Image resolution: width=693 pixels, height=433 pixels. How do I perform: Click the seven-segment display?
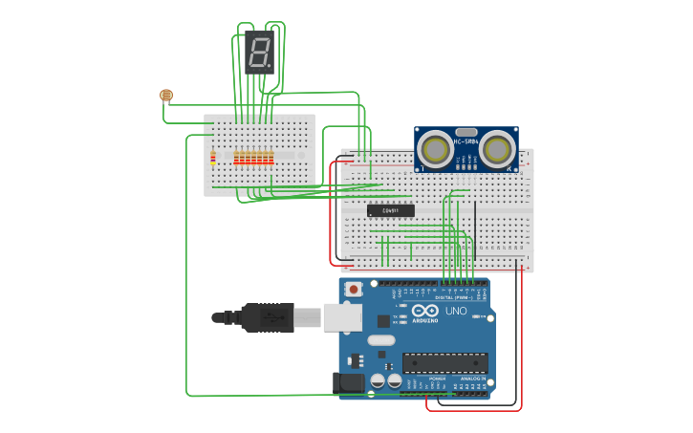[x=259, y=52]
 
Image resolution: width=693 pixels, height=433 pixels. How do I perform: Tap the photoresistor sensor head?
[x=166, y=95]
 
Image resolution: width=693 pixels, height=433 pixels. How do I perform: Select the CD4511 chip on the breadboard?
[x=391, y=210]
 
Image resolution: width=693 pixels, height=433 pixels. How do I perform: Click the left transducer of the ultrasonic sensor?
[x=435, y=149]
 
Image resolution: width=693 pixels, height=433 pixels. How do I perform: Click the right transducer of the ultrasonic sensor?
[x=498, y=149]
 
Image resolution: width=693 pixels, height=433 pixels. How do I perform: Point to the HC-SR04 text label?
[x=466, y=142]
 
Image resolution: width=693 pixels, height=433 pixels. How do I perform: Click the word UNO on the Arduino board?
[x=456, y=311]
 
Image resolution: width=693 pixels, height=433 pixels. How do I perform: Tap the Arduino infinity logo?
[x=425, y=311]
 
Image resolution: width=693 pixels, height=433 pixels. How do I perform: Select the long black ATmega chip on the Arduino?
[x=444, y=363]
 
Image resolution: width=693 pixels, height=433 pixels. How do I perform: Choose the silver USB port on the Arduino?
[x=342, y=317]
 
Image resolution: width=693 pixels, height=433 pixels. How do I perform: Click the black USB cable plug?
[x=268, y=317]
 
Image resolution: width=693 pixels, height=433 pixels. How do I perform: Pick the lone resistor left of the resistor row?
[x=213, y=158]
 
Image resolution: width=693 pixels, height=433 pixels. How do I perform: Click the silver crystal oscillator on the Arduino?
[x=380, y=340]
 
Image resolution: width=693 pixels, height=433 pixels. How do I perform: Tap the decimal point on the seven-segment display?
[x=271, y=67]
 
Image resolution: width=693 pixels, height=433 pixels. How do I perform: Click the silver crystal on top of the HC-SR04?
[x=466, y=132]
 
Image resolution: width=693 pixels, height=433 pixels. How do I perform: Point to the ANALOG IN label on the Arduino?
[x=472, y=379]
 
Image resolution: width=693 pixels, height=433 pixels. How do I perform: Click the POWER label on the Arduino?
[x=436, y=379]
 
